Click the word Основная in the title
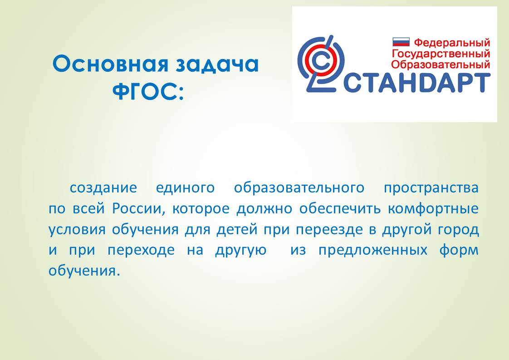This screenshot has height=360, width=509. click(x=110, y=64)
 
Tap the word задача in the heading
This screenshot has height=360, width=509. click(x=217, y=64)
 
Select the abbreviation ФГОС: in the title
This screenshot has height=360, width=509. click(x=148, y=92)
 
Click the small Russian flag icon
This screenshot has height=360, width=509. click(x=401, y=42)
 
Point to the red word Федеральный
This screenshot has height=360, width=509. click(x=452, y=42)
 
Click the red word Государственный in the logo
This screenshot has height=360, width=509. click(x=441, y=53)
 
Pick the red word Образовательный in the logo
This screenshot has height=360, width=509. click(x=440, y=64)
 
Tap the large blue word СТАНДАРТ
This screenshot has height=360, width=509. click(x=417, y=83)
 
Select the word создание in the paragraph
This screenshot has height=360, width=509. click(x=103, y=188)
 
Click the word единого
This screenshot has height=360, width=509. click(x=185, y=188)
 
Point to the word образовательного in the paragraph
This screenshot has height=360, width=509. click(x=299, y=188)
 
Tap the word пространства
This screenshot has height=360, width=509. click(x=431, y=188)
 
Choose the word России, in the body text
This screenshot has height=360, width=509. click(x=139, y=208)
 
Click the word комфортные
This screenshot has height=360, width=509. click(x=433, y=208)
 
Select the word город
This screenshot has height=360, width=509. click(x=458, y=229)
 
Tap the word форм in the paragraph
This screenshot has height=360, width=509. click(x=459, y=250)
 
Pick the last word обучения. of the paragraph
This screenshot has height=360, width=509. click(x=84, y=271)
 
